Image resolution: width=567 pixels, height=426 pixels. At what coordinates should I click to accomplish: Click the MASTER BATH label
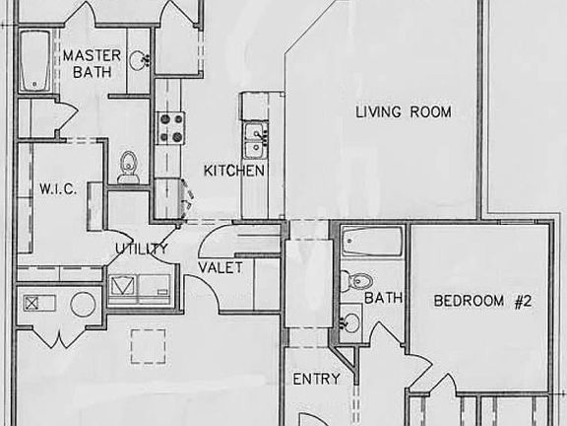click(x=92, y=63)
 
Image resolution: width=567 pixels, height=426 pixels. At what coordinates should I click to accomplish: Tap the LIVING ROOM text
click(x=403, y=112)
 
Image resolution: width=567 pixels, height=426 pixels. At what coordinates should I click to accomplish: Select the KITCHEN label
click(x=234, y=171)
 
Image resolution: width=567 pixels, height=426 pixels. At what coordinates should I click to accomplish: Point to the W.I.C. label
click(x=52, y=187)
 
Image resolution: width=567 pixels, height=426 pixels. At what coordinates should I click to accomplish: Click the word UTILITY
click(x=141, y=248)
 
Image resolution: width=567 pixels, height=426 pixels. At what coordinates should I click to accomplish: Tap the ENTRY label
click(x=316, y=379)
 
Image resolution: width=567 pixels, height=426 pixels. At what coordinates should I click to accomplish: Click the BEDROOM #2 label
click(x=482, y=302)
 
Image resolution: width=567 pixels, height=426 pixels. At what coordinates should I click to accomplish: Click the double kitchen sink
click(x=255, y=139)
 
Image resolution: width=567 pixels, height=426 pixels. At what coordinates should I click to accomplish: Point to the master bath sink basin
click(x=141, y=60)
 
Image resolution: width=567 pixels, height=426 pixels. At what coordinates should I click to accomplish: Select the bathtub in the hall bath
click(x=372, y=243)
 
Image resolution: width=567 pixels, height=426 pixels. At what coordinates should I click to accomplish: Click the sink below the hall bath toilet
click(x=350, y=321)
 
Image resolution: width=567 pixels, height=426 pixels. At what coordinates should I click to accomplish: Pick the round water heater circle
click(x=83, y=304)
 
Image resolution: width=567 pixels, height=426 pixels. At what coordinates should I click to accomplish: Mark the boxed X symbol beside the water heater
click(x=32, y=303)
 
